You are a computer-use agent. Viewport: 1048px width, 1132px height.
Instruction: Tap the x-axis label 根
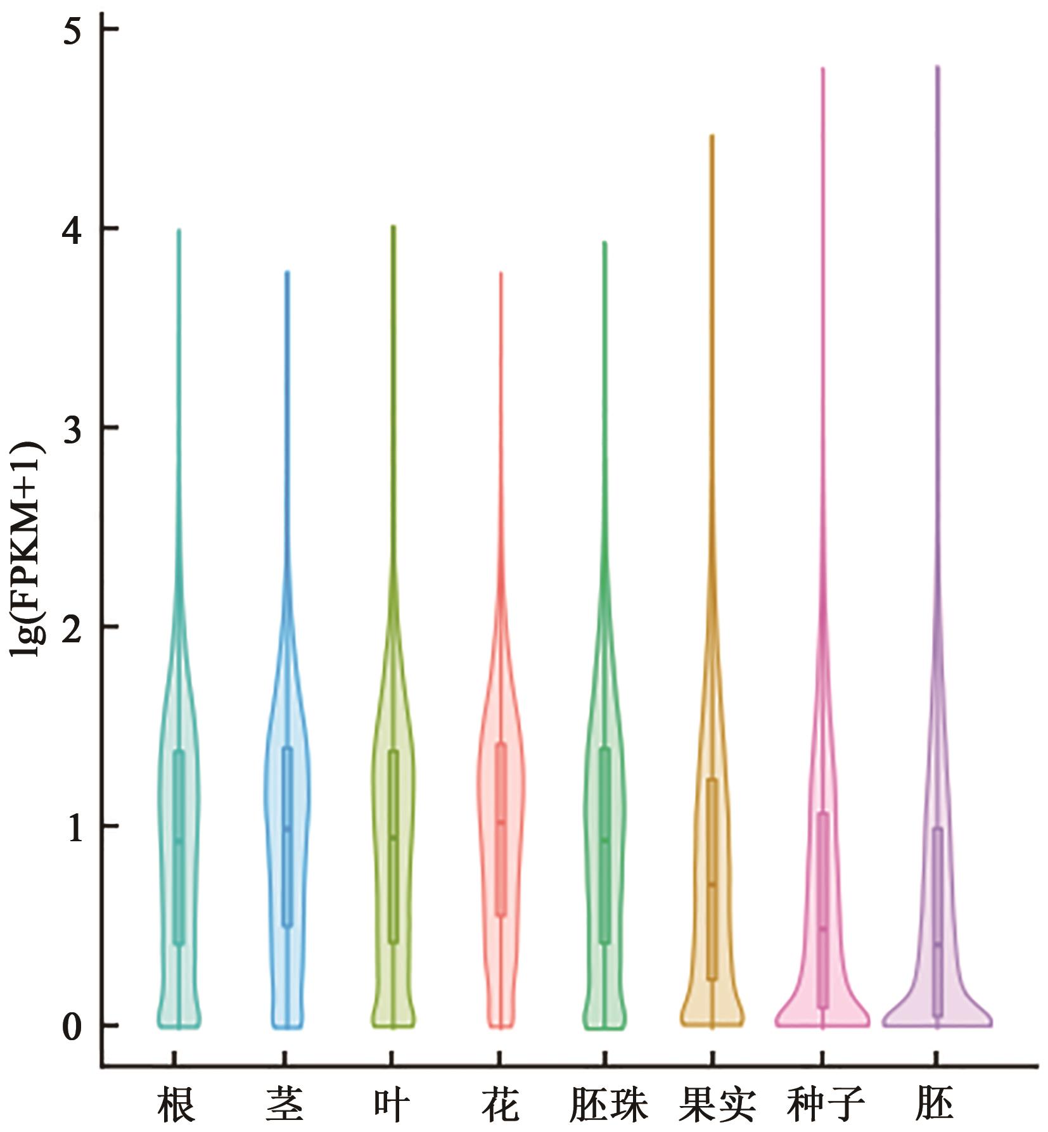point(176,1104)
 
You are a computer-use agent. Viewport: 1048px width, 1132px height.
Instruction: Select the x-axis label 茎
point(284,1104)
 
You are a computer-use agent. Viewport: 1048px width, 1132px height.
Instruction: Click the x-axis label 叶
point(391,1104)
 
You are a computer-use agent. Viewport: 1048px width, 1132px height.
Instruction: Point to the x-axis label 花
point(501,1104)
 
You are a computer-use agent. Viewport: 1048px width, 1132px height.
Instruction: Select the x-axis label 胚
point(935,1104)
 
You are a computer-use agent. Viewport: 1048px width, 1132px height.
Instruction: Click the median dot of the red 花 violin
point(501,822)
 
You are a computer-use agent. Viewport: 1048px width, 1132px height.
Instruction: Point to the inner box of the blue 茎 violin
point(287,836)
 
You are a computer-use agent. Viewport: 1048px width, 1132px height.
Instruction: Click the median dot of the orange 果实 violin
point(712,884)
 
